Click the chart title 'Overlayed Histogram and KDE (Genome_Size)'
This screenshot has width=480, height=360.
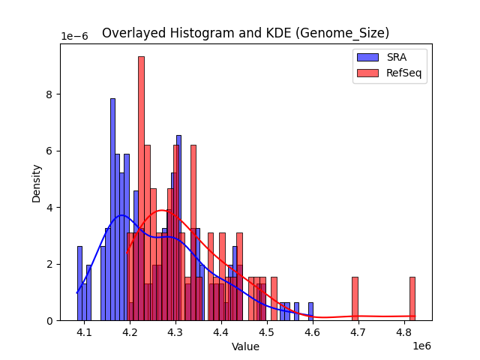click(245, 33)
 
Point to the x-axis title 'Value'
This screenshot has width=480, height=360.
click(245, 347)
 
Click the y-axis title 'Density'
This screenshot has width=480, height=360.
click(36, 182)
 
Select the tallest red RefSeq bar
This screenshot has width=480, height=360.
click(141, 187)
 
